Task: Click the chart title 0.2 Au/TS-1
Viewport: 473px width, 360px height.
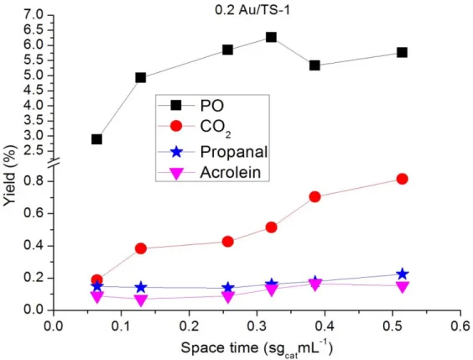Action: point(252,10)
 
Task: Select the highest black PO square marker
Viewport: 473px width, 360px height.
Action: point(271,37)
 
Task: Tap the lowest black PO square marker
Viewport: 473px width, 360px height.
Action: point(96,139)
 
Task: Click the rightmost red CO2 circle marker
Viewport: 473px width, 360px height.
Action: point(402,179)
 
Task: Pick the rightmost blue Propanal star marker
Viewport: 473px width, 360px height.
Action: point(402,274)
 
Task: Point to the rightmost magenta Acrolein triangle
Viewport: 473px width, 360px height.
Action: point(402,287)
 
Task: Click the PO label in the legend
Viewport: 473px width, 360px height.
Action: point(212,106)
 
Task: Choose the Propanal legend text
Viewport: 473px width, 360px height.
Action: point(234,152)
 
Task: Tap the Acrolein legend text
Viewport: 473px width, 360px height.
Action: point(230,173)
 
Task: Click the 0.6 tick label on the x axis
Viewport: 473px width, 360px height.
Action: point(460,326)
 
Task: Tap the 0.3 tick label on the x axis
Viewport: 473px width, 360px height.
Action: point(257,326)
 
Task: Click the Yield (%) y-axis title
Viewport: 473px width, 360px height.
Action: point(10,175)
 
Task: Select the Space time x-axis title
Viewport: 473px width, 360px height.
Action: point(257,349)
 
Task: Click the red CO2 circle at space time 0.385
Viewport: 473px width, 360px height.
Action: point(314,196)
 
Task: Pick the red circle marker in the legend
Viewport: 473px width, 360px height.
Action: point(176,126)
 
